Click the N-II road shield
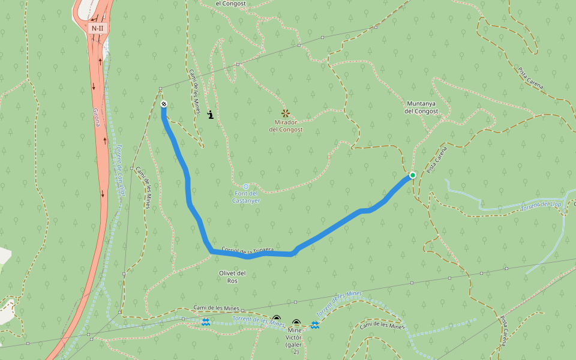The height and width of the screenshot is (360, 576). click(97, 28)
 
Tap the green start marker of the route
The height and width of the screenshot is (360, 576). click(413, 175)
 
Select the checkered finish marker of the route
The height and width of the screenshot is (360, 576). click(163, 104)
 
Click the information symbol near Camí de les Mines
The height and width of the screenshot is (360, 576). click(211, 114)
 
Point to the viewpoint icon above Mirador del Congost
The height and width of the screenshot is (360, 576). click(286, 112)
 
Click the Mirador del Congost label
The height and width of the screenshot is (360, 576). click(286, 125)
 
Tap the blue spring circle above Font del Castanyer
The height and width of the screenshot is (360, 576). click(246, 187)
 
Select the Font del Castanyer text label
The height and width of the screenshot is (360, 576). click(246, 197)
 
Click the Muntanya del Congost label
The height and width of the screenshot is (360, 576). click(421, 107)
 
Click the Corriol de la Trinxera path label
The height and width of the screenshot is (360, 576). click(247, 250)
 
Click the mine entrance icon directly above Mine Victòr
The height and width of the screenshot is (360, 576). click(296, 323)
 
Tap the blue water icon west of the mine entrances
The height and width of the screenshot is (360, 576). click(206, 322)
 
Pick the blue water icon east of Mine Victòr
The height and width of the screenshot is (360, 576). click(315, 325)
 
